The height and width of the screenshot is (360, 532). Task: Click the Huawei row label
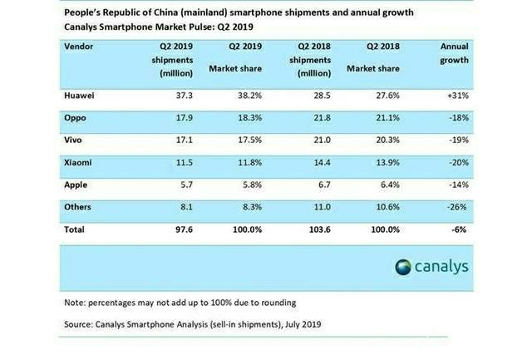79,96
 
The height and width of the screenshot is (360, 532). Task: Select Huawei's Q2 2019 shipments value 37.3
184,96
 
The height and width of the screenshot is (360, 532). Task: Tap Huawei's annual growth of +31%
458,96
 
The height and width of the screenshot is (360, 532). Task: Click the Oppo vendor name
75,118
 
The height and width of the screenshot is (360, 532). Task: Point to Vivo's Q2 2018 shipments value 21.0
322,140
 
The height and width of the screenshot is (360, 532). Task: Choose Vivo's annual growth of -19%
458,140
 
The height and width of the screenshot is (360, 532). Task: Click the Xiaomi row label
77,162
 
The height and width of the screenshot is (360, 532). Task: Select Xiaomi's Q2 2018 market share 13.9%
387,162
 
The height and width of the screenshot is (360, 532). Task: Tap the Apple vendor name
76,185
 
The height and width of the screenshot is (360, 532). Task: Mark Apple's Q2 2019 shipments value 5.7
186,185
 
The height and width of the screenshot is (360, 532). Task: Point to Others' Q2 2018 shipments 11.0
322,207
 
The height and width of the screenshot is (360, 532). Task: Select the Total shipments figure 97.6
184,229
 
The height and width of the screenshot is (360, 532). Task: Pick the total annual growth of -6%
459,229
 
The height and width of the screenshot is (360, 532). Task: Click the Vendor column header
78,47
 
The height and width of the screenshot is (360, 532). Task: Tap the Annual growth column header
455,53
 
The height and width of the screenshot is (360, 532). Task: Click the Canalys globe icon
403,267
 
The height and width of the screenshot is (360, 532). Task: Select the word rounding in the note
280,303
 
